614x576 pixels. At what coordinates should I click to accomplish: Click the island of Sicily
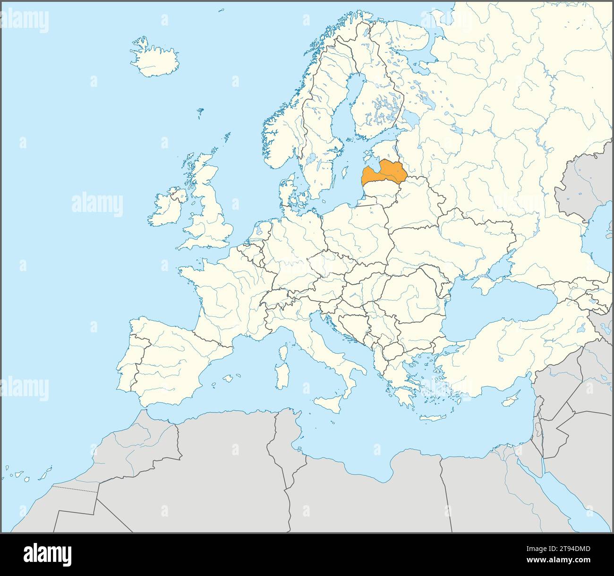point(326,404)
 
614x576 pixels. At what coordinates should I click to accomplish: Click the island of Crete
point(430,418)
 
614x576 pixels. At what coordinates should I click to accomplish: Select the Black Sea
point(496,312)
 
